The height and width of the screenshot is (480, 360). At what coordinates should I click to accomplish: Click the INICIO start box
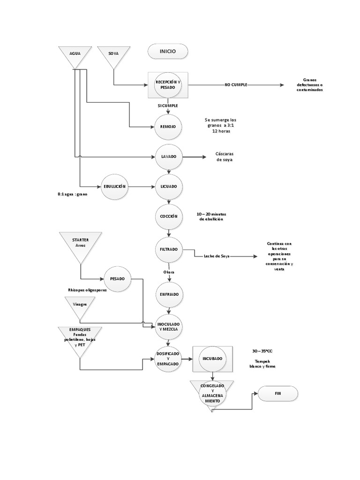(x=168, y=52)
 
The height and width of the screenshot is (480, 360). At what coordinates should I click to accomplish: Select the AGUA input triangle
(x=75, y=55)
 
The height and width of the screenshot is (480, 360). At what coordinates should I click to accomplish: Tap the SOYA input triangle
(x=113, y=55)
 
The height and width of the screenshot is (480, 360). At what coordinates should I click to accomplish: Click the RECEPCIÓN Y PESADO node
(x=168, y=85)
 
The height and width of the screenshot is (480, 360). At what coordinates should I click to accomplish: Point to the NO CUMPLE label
(x=236, y=85)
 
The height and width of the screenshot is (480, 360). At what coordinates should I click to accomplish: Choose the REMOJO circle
(x=168, y=127)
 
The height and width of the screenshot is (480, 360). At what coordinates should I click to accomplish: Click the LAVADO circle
(x=168, y=157)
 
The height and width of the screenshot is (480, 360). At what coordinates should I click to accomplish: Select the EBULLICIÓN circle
(x=115, y=186)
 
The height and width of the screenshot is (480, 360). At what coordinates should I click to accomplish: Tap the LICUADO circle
(x=168, y=186)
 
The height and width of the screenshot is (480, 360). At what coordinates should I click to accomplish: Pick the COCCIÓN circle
(x=168, y=216)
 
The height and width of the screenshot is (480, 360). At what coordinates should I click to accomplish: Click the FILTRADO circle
(x=168, y=249)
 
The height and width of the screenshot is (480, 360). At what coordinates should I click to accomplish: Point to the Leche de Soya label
(x=216, y=256)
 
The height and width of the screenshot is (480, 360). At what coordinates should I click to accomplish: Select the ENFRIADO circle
(x=168, y=295)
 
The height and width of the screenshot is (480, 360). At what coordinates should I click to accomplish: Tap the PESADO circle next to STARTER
(x=117, y=278)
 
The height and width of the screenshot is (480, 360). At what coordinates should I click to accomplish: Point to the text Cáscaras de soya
(x=224, y=157)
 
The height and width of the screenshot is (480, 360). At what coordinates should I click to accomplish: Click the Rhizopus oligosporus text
(x=88, y=291)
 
